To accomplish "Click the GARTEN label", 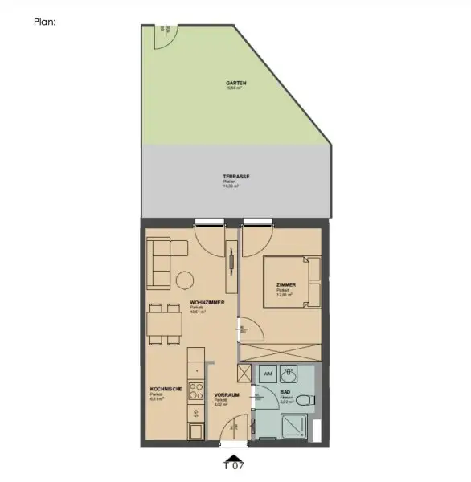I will point(236,83).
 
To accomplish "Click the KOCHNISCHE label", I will point(166,389).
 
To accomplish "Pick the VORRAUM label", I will point(226,395).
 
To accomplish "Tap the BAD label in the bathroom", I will point(286,393).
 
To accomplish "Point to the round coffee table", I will point(186,281).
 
